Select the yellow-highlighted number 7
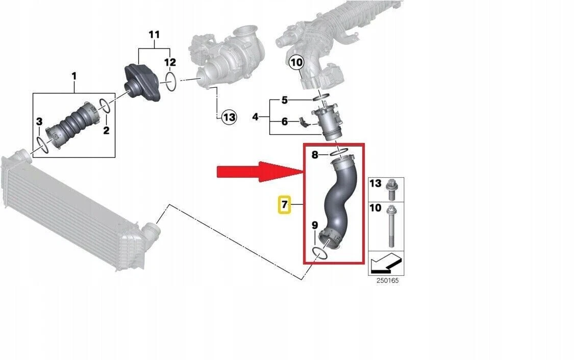click(x=284, y=205)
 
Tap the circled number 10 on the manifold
click(x=296, y=63)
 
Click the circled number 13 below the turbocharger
click(x=229, y=117)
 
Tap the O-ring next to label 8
click(x=339, y=152)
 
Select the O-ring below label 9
click(x=319, y=252)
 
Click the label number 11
click(x=154, y=35)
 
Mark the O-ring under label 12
click(x=172, y=81)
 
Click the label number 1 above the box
click(x=74, y=77)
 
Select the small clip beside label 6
click(x=303, y=122)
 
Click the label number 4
click(x=255, y=117)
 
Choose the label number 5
click(x=285, y=100)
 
